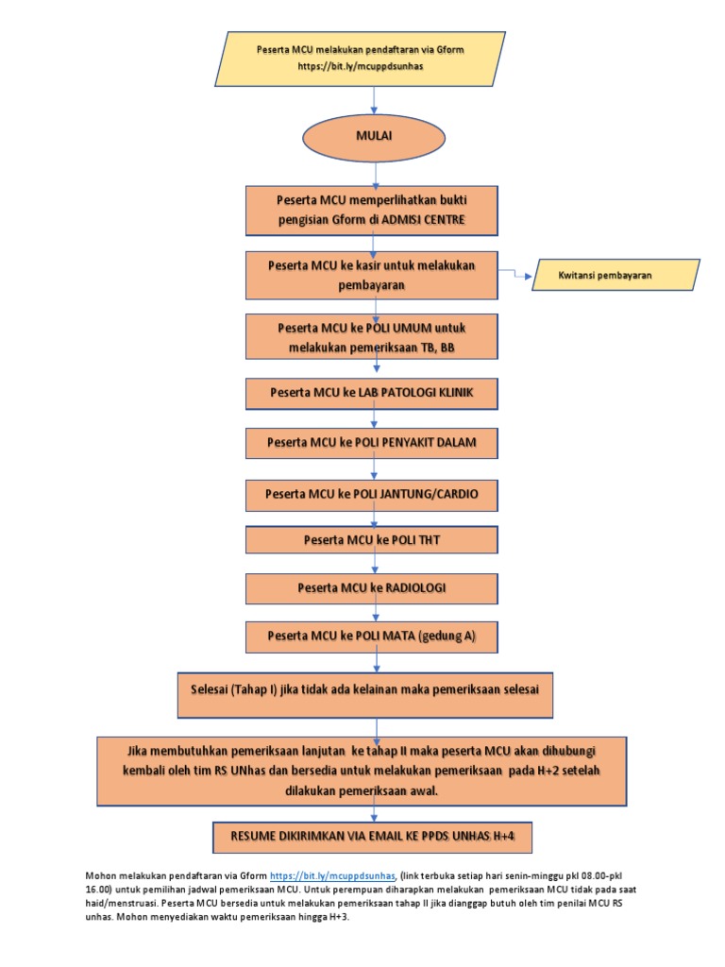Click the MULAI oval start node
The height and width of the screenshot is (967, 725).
coord(374,136)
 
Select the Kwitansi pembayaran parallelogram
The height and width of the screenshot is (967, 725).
coord(616,276)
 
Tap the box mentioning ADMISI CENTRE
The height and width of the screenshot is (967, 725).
coord(372,211)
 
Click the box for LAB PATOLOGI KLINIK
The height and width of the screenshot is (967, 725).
coord(372,392)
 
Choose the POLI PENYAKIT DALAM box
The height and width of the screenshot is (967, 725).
coord(372,442)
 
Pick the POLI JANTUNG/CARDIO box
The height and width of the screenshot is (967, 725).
coord(372,493)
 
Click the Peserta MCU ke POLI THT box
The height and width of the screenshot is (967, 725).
coord(372,540)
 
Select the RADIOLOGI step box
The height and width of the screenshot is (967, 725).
coord(372,588)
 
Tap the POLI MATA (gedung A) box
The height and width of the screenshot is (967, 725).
coord(372,636)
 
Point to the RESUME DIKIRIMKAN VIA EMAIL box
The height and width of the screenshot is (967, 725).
coord(375,837)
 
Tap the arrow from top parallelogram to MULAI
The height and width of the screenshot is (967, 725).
coord(375,98)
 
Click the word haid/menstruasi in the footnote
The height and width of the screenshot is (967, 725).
coord(120,903)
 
